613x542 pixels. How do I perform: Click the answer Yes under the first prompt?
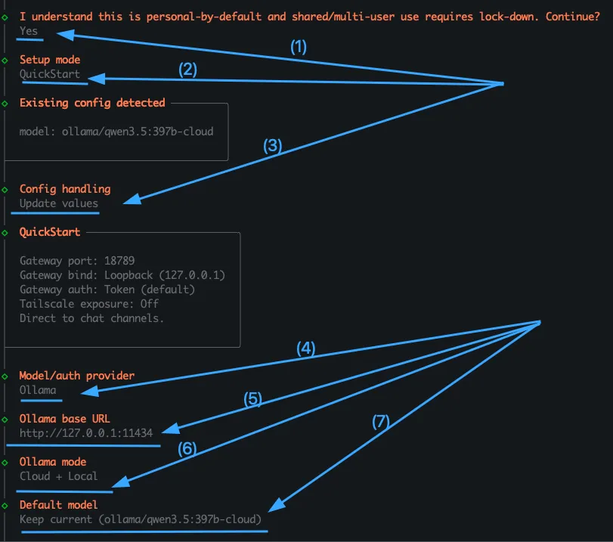pyautogui.click(x=29, y=31)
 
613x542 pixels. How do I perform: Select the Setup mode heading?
pyautogui.click(x=50, y=60)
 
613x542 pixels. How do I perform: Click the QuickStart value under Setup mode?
pyautogui.click(x=50, y=75)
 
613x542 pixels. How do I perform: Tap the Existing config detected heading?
pyautogui.click(x=92, y=103)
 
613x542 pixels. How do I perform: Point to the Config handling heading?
pyautogui.click(x=65, y=189)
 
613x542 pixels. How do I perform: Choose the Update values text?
pyautogui.click(x=59, y=203)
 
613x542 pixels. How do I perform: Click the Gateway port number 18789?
pyautogui.click(x=119, y=261)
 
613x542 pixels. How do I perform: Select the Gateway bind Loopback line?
pyautogui.click(x=122, y=275)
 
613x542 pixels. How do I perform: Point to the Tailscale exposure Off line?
pyautogui.click(x=89, y=304)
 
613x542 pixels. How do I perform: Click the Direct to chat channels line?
pyautogui.click(x=92, y=318)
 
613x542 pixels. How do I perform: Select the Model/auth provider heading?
pyautogui.click(x=77, y=376)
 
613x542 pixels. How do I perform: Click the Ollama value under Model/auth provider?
pyautogui.click(x=38, y=390)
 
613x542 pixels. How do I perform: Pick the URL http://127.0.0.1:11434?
pyautogui.click(x=86, y=433)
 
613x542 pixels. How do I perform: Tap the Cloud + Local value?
pyautogui.click(x=59, y=476)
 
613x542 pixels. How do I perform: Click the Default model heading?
pyautogui.click(x=59, y=505)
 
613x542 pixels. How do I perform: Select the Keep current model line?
pyautogui.click(x=141, y=519)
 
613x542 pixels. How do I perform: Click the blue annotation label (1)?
pyautogui.click(x=299, y=47)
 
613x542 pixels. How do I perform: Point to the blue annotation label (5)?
pyautogui.click(x=252, y=399)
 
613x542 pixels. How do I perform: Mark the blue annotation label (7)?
pyautogui.click(x=381, y=423)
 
